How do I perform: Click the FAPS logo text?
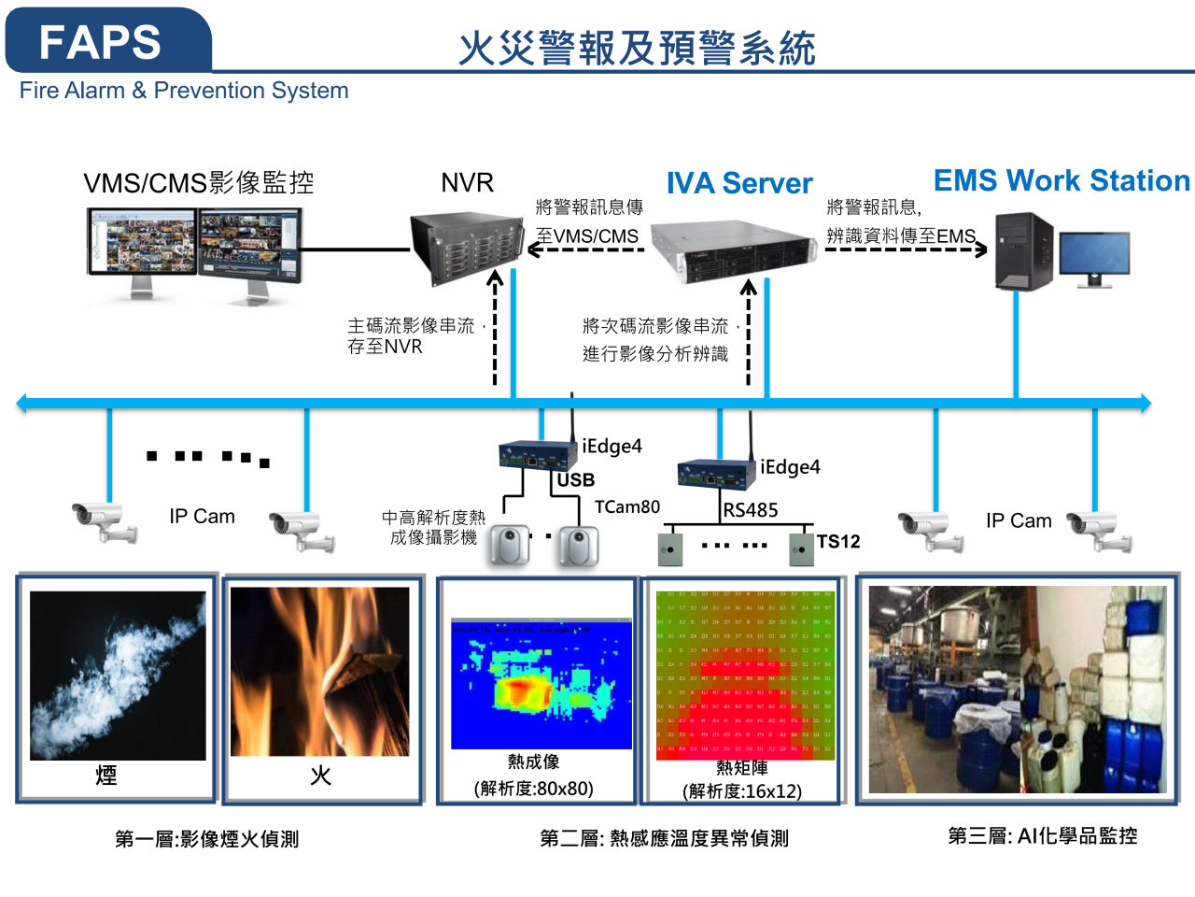100,42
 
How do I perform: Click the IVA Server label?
739,183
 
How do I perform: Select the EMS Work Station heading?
1061,180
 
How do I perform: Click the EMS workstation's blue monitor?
1094,255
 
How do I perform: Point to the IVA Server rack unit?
734,251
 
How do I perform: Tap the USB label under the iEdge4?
576,480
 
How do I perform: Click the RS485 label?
751,510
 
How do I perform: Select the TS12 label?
838,542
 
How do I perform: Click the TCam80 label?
627,506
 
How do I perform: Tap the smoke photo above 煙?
118,675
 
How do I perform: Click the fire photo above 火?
320,671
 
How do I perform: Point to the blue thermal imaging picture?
541,682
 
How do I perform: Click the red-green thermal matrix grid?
744,673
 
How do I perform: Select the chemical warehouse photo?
1017,690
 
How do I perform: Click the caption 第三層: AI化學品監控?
1042,836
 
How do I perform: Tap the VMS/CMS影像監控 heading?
199,183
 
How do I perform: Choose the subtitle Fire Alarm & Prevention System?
184,91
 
